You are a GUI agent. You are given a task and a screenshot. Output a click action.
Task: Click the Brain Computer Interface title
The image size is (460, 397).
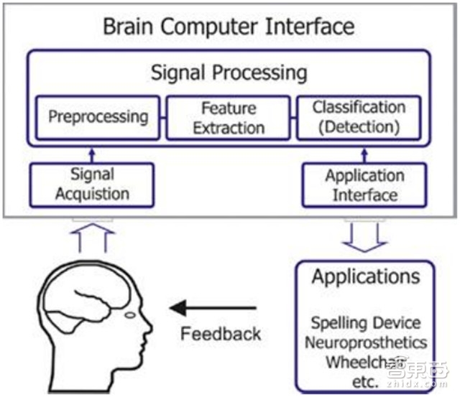pyautogui.click(x=229, y=27)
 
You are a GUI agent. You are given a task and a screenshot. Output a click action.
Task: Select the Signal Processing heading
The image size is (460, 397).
pyautogui.click(x=229, y=73)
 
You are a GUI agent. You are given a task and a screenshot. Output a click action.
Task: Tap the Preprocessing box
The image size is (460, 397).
pyautogui.click(x=98, y=117)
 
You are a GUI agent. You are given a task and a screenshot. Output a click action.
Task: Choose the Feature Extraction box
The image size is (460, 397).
pyautogui.click(x=229, y=118)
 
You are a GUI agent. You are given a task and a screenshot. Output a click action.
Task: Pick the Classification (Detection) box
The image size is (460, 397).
pyautogui.click(x=359, y=117)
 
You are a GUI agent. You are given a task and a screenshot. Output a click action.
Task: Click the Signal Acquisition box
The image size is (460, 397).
pyautogui.click(x=91, y=184)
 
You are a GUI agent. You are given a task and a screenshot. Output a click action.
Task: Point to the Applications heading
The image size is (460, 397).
pyautogui.click(x=366, y=277)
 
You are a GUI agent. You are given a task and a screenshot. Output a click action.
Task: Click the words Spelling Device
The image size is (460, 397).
pyautogui.click(x=365, y=323)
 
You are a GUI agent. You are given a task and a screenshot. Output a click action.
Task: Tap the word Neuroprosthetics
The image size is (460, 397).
pyautogui.click(x=365, y=342)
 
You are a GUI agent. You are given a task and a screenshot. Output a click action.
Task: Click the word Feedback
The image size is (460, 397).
pyautogui.click(x=221, y=334)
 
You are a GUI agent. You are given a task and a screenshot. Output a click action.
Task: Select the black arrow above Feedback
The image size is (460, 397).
pyautogui.click(x=214, y=309)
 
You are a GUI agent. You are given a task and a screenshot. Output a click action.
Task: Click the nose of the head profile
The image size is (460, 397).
pyautogui.click(x=149, y=335)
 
